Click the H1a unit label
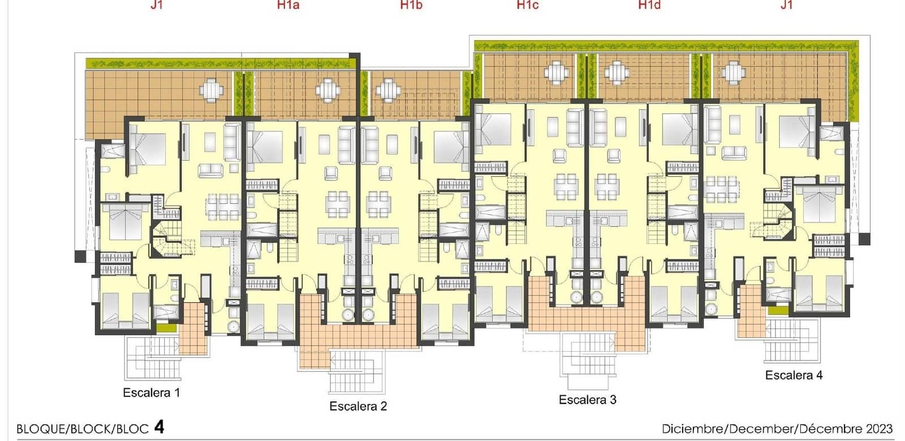pyautogui.click(x=288, y=5)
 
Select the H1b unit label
pyautogui.click(x=411, y=5)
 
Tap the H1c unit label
pyautogui.click(x=528, y=5)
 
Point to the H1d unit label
pyautogui.click(x=650, y=5)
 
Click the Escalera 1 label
pyautogui.click(x=152, y=392)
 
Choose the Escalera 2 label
pyautogui.click(x=359, y=406)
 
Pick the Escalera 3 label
pyautogui.click(x=588, y=400)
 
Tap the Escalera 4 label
pyautogui.click(x=794, y=375)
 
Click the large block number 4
pyautogui.click(x=160, y=427)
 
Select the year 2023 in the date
pyautogui.click(x=879, y=429)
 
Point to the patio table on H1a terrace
pyautogui.click(x=327, y=90)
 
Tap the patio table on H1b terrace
pyautogui.click(x=388, y=90)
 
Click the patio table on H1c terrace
pyautogui.click(x=557, y=73)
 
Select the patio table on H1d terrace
pyautogui.click(x=617, y=73)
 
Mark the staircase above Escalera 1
pyautogui.click(x=153, y=358)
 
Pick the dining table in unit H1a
pyautogui.click(x=338, y=204)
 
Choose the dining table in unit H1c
pyautogui.click(x=566, y=187)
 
